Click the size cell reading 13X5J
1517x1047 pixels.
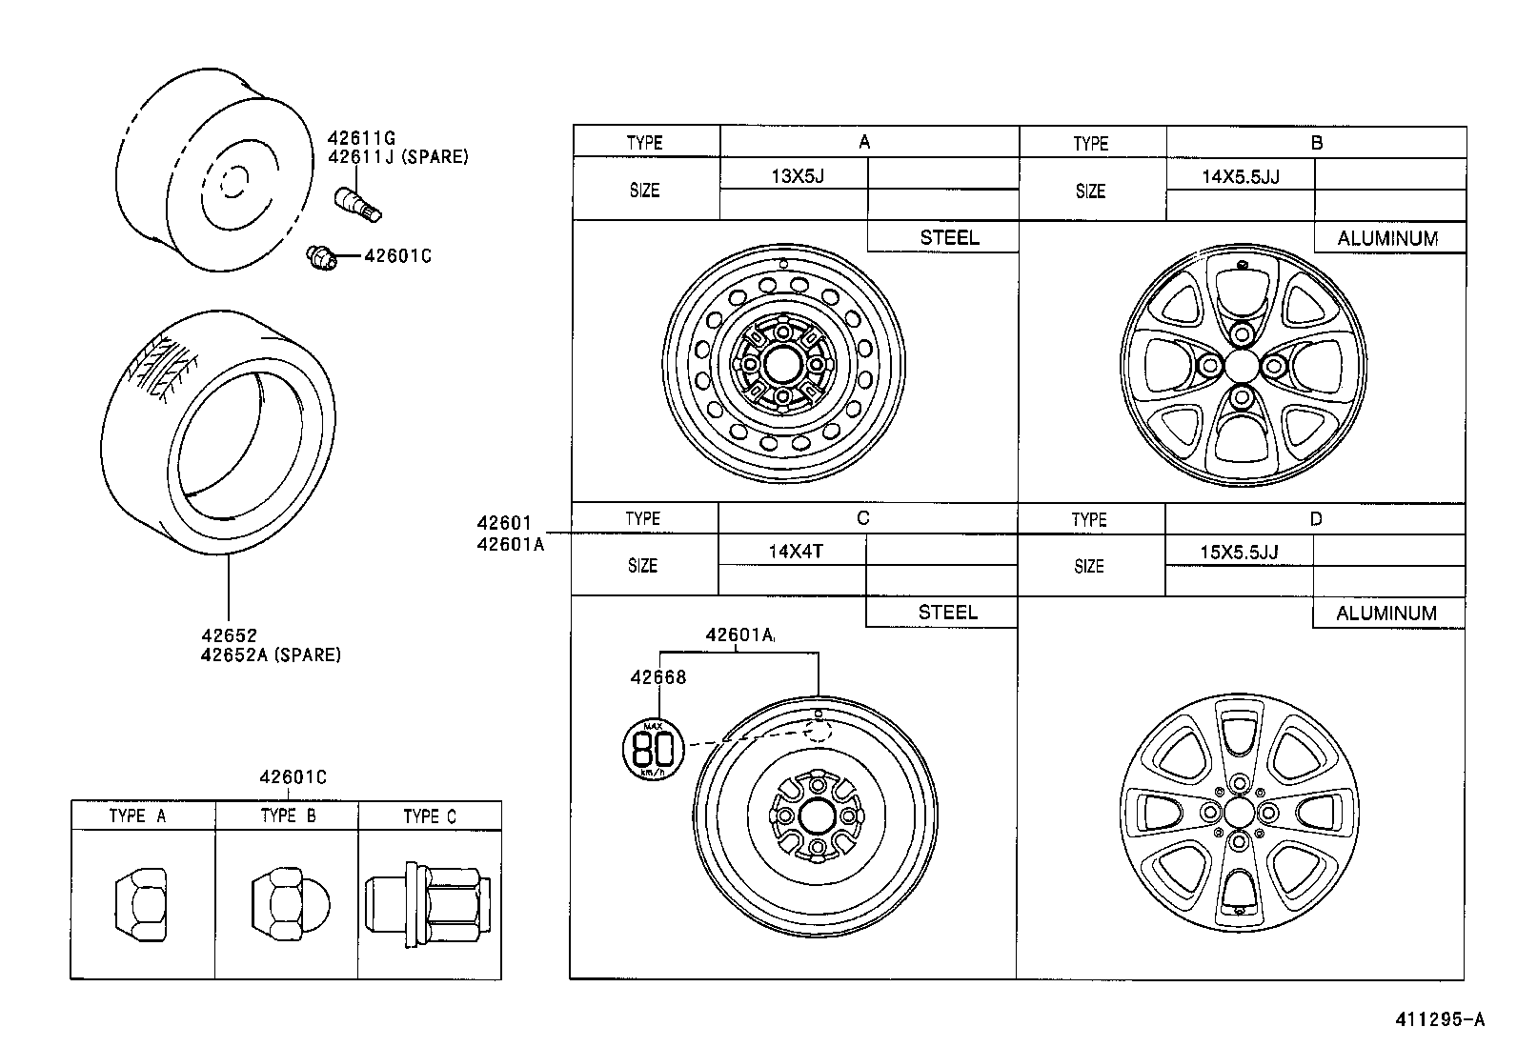tap(796, 175)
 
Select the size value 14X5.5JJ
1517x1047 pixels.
tap(1240, 176)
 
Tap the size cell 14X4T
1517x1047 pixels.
tap(795, 551)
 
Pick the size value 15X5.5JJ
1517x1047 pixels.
tap(1238, 552)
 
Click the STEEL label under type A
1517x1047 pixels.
tap(948, 238)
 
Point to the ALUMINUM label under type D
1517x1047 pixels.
tap(1386, 614)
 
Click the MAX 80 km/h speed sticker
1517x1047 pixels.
tap(654, 748)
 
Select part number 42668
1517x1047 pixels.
tap(657, 677)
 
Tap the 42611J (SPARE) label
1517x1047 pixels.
tap(397, 157)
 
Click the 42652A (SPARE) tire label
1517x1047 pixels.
tap(271, 654)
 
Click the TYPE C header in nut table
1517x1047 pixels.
tap(430, 816)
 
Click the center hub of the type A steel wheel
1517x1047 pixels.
tap(782, 364)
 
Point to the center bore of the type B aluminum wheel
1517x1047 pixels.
tap(1241, 365)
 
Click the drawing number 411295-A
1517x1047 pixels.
tap(1440, 1019)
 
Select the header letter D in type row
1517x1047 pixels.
tap(1315, 519)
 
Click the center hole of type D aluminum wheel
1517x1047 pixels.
tap(1239, 812)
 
